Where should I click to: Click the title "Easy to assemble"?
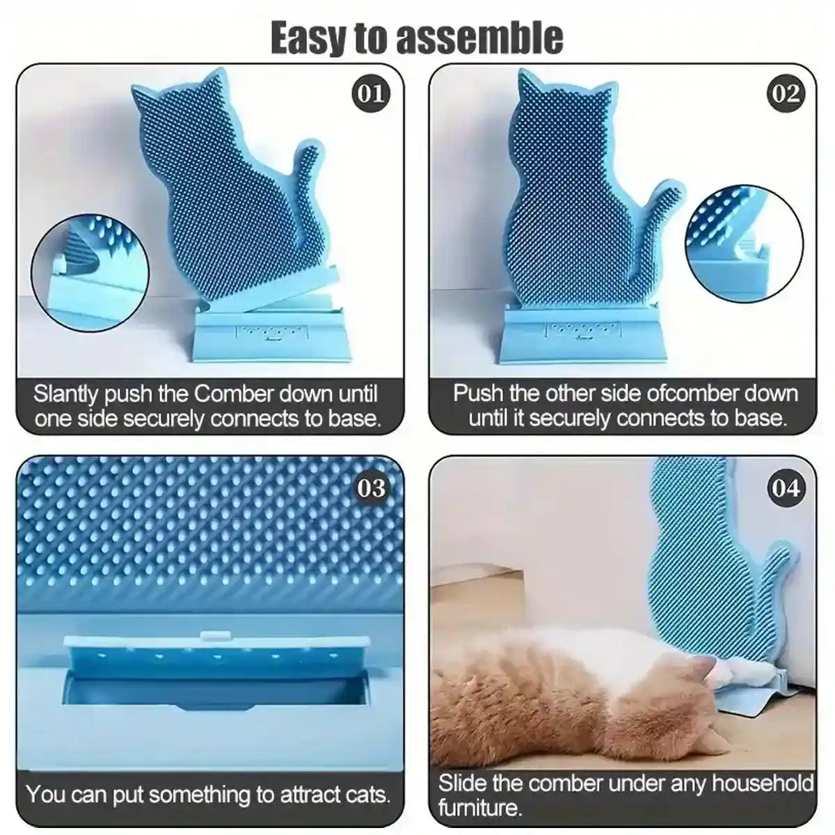pyautogui.click(x=417, y=38)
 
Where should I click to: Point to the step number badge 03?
pyautogui.click(x=370, y=488)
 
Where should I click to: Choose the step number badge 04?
pyautogui.click(x=786, y=488)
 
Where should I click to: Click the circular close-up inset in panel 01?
pyautogui.click(x=90, y=264)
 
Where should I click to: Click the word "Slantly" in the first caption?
pyautogui.click(x=67, y=394)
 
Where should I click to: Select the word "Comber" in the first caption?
pyautogui.click(x=233, y=394)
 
